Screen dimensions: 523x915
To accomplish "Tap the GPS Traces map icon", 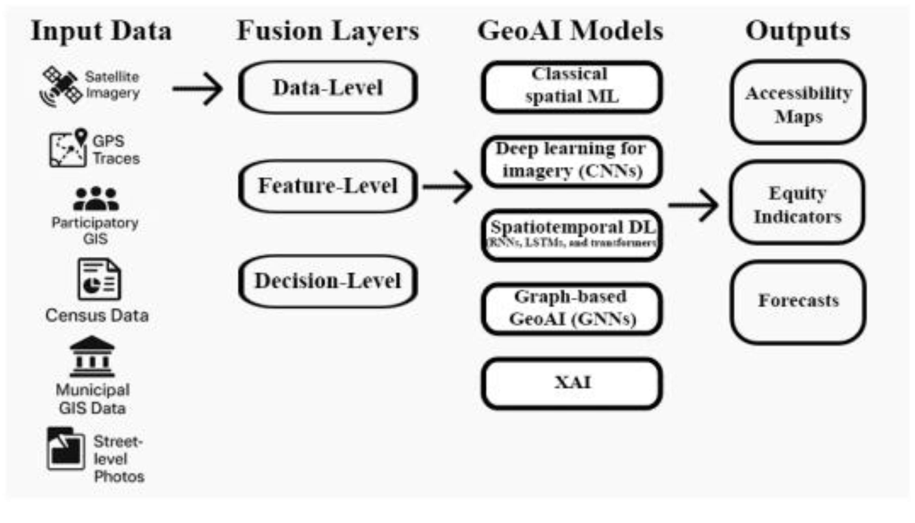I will point(68,149).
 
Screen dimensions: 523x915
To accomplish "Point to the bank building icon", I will point(92,356).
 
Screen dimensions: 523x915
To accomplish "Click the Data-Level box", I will point(328,88).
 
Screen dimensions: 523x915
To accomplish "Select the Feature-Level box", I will point(328,186).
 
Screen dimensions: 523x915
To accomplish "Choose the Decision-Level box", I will point(328,281).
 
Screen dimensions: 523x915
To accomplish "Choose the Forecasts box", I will point(798,302).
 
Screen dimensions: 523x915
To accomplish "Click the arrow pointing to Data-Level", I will point(198,88).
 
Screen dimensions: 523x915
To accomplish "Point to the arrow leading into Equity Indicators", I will point(693,205).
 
